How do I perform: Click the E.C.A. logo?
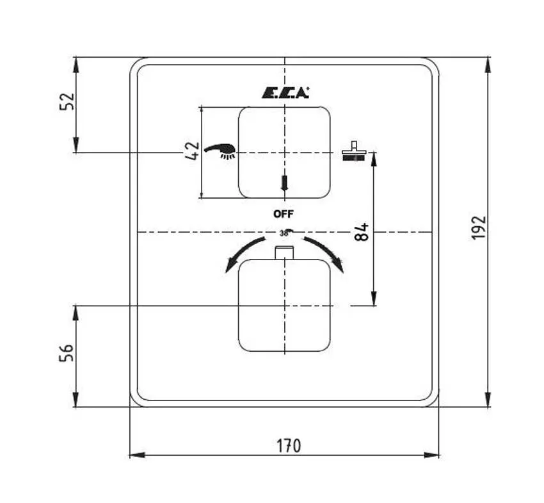(x=285, y=92)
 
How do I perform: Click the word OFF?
(x=284, y=214)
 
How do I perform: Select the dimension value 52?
(x=67, y=102)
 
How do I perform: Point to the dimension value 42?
(x=191, y=151)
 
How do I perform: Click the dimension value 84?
(x=362, y=231)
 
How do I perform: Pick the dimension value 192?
(x=478, y=227)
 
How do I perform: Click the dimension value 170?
(x=289, y=445)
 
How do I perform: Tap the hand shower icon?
(x=221, y=151)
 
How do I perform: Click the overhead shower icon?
(x=353, y=152)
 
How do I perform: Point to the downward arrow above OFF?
(x=285, y=183)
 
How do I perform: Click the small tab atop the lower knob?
(x=284, y=252)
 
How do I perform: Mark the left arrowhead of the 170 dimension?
(x=134, y=455)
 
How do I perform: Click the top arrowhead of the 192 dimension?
(x=488, y=62)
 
